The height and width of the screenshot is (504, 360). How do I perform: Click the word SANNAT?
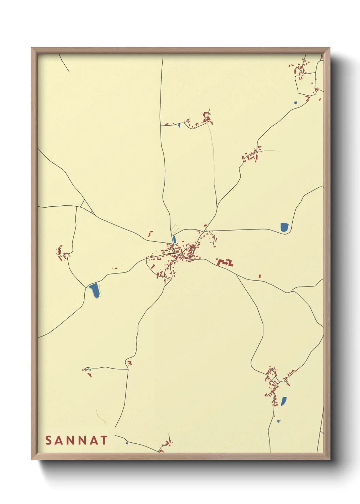(77, 440)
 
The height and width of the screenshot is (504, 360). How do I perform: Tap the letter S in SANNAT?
(48, 440)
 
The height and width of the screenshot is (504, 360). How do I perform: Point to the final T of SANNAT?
(104, 440)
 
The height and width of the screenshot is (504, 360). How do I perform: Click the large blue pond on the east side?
(284, 227)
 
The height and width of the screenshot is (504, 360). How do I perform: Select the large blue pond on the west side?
(95, 290)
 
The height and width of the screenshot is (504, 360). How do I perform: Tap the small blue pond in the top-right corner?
(295, 102)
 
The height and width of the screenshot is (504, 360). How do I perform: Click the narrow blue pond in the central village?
(174, 239)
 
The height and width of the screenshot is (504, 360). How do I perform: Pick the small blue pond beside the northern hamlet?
(179, 126)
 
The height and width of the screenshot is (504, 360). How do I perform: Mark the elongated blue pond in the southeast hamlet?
(283, 401)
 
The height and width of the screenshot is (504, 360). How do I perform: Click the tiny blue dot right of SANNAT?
(127, 443)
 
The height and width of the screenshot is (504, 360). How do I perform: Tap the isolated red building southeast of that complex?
(260, 276)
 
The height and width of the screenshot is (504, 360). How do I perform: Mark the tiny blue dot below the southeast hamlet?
(278, 421)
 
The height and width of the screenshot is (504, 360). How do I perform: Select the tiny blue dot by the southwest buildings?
(90, 369)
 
